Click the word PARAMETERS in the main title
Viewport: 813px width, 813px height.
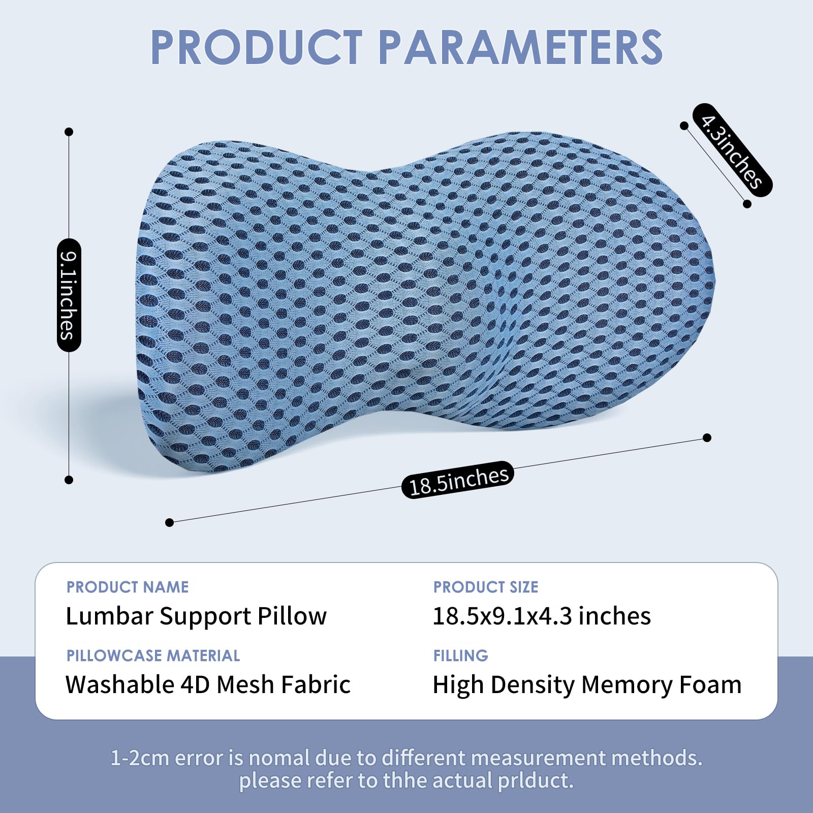(520, 47)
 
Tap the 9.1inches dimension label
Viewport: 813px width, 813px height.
(69, 295)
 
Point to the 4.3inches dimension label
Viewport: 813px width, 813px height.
(732, 150)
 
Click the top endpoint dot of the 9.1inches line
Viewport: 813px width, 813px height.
(69, 132)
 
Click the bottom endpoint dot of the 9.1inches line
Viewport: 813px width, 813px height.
(69, 480)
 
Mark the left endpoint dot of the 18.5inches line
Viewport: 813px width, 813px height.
(170, 522)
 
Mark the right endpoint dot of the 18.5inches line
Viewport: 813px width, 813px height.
(707, 437)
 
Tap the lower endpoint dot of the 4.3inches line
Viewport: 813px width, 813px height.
(747, 204)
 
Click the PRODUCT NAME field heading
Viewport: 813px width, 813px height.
(128, 587)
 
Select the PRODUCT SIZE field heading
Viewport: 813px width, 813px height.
(486, 587)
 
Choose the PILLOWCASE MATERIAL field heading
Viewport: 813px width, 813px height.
(153, 655)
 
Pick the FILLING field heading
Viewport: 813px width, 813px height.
(460, 655)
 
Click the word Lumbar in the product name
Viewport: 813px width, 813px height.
(109, 616)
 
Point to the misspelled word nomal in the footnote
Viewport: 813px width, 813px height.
(279, 758)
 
